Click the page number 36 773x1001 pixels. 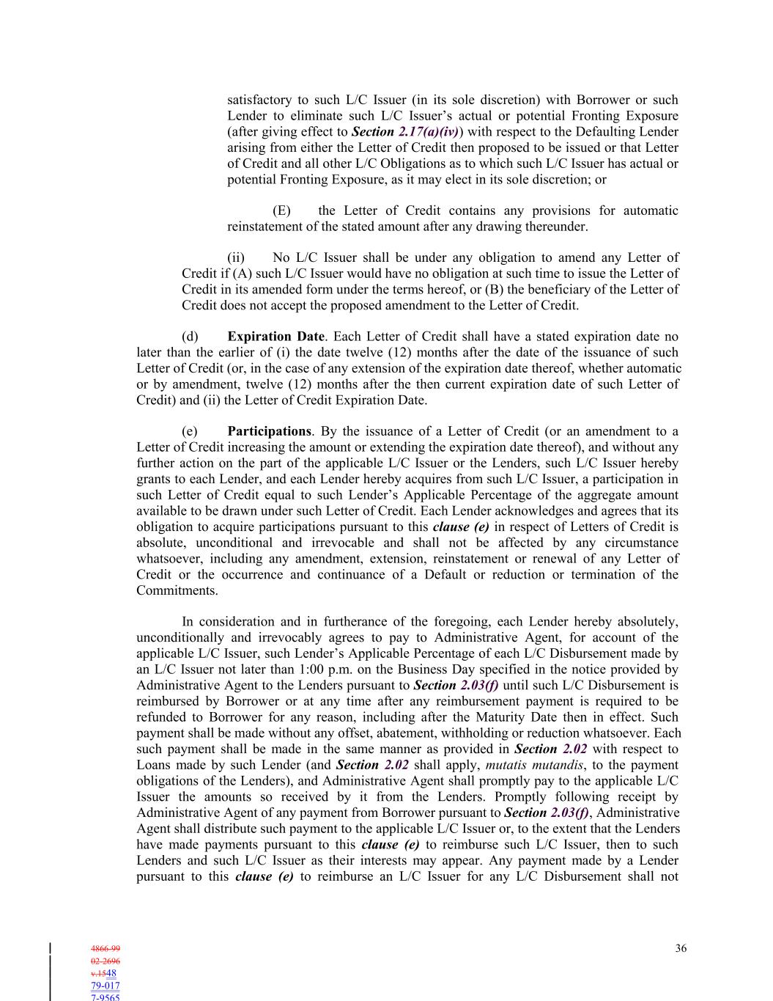(x=681, y=948)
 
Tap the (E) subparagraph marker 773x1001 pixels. (x=281, y=210)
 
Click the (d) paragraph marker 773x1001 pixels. (x=190, y=337)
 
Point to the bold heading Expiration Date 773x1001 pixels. (x=275, y=337)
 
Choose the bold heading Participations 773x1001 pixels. (x=269, y=431)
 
